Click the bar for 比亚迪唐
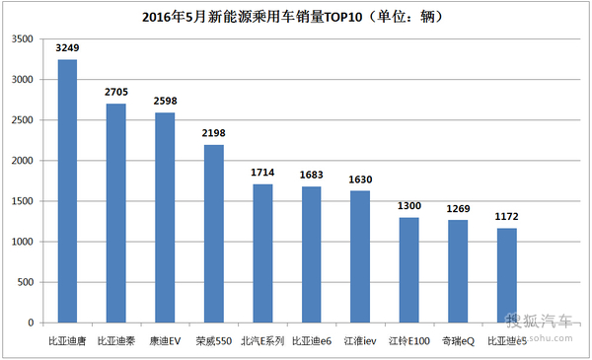point(67,191)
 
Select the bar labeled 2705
point(115,213)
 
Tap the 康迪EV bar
point(165,218)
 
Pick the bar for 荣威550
point(214,234)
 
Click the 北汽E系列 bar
point(262,253)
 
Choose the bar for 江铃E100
point(408,270)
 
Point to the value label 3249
point(67,48)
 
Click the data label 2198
point(214,133)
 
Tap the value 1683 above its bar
point(311,175)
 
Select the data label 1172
point(507,217)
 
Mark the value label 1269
point(458,209)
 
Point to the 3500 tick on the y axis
point(23,38)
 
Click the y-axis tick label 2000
point(23,161)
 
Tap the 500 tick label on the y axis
point(26,282)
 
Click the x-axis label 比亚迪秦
point(115,341)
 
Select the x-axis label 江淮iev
point(360,341)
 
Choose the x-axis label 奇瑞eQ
point(458,341)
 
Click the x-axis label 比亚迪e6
point(311,341)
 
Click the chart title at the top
point(293,17)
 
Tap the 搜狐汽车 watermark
point(539,321)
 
